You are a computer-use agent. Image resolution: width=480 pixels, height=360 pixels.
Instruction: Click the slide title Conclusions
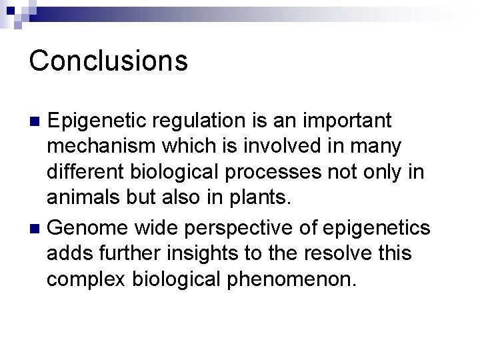pos(109,61)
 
